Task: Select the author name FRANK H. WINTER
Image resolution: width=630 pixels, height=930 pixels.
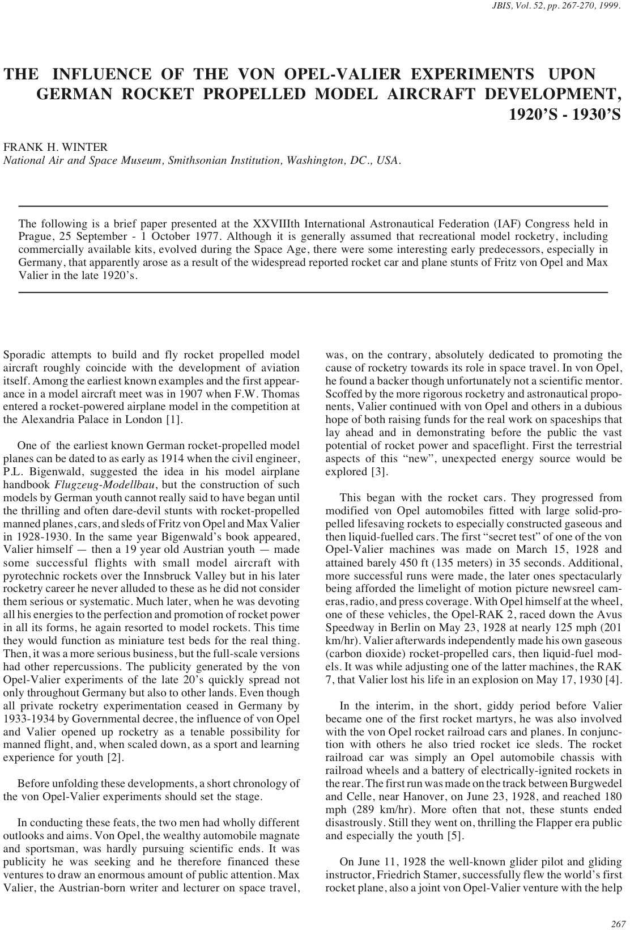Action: coord(56,147)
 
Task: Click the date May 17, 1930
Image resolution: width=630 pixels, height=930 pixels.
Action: coord(569,679)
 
